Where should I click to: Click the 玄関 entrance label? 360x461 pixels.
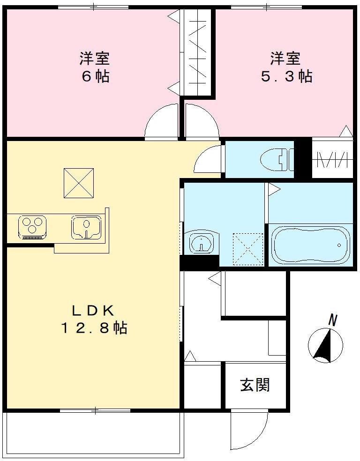coord(255,385)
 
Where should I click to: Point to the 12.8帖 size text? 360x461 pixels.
coord(93,328)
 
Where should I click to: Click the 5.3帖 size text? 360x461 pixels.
coord(286,76)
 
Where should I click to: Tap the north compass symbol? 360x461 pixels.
coord(325,346)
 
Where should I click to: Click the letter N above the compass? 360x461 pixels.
coord(333,320)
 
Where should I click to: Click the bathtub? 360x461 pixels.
coord(310,245)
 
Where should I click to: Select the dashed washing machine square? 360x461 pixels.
coord(248,249)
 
